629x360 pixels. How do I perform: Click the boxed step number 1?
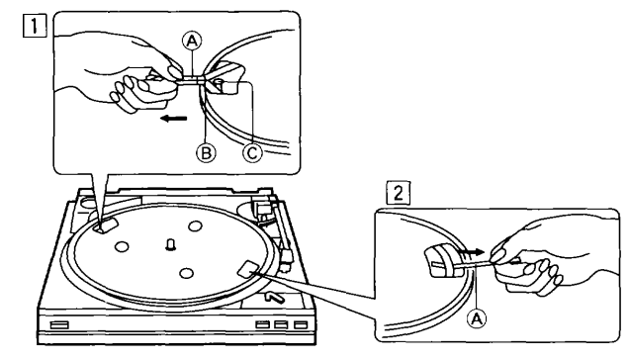coord(35,26)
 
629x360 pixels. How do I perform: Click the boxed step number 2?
coord(398,194)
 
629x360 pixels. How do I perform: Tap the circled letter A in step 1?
coord(192,41)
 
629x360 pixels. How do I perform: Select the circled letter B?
coord(206,153)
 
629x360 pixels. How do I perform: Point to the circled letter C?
coord(252,153)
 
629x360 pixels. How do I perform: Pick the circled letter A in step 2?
coord(476,318)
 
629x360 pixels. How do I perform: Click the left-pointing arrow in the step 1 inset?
coord(173,118)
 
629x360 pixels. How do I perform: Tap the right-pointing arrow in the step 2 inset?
coord(471,252)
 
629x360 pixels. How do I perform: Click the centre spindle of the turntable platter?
coord(170,243)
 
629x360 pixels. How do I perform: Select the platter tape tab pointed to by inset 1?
coord(106,225)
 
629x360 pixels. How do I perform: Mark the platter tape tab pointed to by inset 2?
coord(249,268)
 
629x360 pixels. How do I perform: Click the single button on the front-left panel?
coord(59,324)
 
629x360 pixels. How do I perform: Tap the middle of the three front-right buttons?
coord(281,324)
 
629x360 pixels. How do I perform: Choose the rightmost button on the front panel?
coord(300,324)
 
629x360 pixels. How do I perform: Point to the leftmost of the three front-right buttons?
coord(262,324)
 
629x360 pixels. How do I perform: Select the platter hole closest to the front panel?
coord(186,274)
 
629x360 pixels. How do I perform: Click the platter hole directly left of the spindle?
coord(121,246)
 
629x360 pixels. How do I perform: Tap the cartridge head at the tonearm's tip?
coord(288,258)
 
